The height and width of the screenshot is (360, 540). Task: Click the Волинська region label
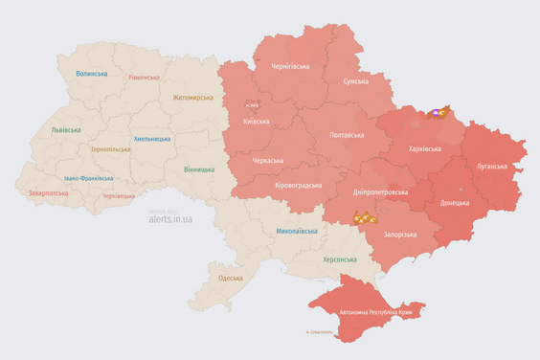point(92,73)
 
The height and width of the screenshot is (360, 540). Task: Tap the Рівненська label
point(146,77)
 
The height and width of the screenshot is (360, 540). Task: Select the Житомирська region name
point(193,98)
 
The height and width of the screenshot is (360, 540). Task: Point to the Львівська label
point(66,130)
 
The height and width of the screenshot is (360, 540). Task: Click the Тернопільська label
point(111,149)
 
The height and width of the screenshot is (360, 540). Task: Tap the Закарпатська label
point(48,192)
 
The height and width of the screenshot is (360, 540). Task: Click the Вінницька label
point(199,169)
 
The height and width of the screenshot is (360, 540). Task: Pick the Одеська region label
point(231,278)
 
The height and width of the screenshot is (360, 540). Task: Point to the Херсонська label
point(340,259)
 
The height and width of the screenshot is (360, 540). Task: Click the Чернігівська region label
point(290,66)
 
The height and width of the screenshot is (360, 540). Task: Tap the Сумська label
point(356,82)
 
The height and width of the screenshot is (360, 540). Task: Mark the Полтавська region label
point(346,136)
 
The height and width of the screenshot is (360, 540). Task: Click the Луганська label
point(491,166)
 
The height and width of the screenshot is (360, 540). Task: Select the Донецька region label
point(455,203)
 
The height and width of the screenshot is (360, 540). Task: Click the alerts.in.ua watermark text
point(170,219)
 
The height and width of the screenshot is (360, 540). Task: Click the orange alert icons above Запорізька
point(363,218)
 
